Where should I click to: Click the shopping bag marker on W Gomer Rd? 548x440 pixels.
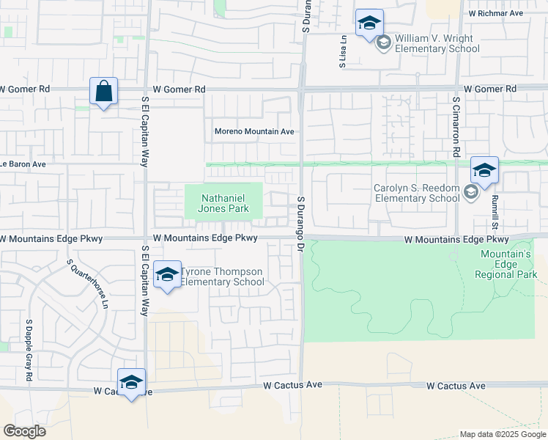point(104,92)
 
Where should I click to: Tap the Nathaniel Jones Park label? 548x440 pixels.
point(223,202)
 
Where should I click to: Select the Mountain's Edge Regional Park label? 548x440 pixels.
point(506,264)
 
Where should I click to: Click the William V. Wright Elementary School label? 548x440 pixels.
point(437,43)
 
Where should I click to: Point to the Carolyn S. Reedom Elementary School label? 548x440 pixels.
point(416,193)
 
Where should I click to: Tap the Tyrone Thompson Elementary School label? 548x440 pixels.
point(223,276)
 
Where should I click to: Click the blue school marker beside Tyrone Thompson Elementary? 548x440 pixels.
point(168,275)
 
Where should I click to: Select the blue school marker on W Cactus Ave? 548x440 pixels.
point(131,382)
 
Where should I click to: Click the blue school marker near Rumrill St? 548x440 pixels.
point(484,171)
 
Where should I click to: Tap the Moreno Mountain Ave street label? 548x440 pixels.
point(254,132)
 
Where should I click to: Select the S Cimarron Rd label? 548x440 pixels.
point(456,126)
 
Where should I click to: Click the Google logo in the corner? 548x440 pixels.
point(25,430)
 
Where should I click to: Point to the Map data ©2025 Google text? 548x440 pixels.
point(502,434)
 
